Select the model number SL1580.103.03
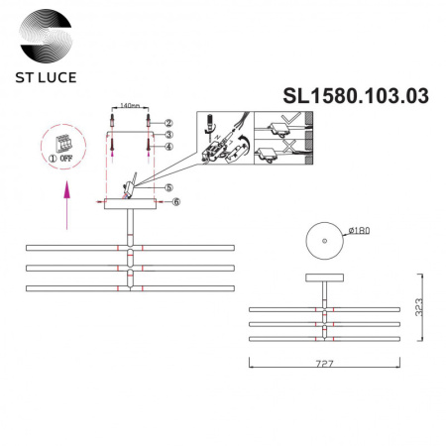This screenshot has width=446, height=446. pyautogui.click(x=356, y=95)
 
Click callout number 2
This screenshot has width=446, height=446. pyautogui.click(x=169, y=121)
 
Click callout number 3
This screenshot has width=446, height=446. pyautogui.click(x=169, y=135)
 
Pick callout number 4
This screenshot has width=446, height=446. pyautogui.click(x=169, y=148)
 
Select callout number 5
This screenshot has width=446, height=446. pyautogui.click(x=169, y=187)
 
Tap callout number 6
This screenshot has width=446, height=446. pyautogui.click(x=175, y=202)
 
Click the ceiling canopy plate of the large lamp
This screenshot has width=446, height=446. pyautogui.click(x=129, y=203)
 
